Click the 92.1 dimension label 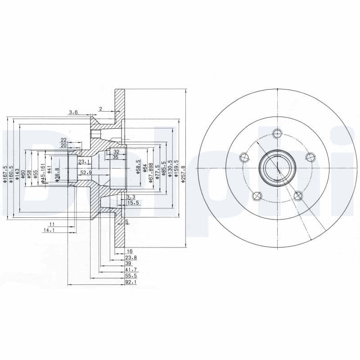click(131, 282)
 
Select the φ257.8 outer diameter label click(183, 173)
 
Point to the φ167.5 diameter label click(4, 175)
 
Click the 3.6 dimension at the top click(73, 112)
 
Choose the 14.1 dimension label click(49, 230)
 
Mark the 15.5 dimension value click(133, 203)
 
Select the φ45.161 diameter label click(43, 173)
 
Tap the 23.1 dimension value click(84, 161)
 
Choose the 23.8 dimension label click(131, 258)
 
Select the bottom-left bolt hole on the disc click(257, 195)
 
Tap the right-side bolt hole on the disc click(310, 156)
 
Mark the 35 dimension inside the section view click(115, 157)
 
